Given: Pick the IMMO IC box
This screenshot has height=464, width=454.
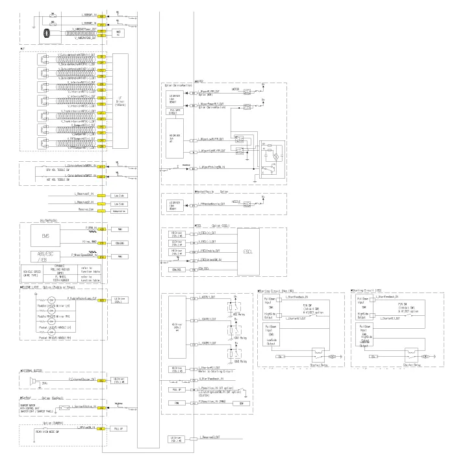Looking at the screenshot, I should [118, 32].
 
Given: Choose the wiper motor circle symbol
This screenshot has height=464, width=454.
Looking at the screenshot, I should [275, 157].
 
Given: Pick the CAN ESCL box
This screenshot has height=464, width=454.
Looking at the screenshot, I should [173, 268].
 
